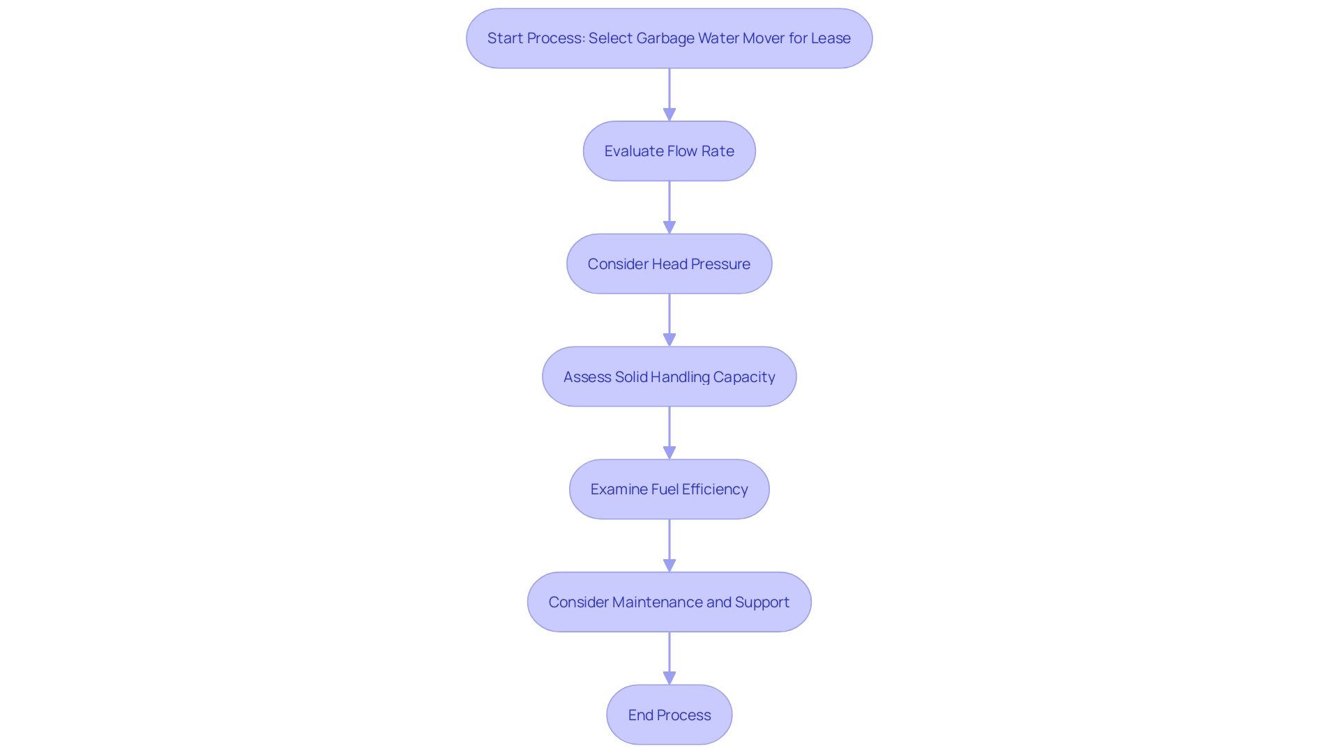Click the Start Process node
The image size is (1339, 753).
(x=669, y=38)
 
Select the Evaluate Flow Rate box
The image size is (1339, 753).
(x=669, y=151)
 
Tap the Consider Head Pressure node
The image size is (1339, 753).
(x=669, y=264)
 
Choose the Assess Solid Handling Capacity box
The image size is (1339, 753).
(x=669, y=377)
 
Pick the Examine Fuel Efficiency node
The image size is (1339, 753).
(x=669, y=489)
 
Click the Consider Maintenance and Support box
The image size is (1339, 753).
(x=669, y=602)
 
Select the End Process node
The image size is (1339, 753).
(x=669, y=715)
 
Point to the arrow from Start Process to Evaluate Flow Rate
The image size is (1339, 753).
(x=669, y=94)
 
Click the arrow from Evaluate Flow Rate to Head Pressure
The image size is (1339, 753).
(x=669, y=207)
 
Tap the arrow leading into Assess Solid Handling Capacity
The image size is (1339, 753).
(x=669, y=320)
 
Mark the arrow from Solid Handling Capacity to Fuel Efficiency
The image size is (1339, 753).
(x=669, y=433)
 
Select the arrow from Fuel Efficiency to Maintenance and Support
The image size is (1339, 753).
(x=669, y=546)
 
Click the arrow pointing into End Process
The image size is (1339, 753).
(x=669, y=658)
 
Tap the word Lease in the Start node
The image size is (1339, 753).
(x=831, y=38)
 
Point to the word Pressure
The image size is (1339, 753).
(x=720, y=264)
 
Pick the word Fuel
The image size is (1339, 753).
(x=665, y=489)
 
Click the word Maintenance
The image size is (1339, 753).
(x=658, y=602)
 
